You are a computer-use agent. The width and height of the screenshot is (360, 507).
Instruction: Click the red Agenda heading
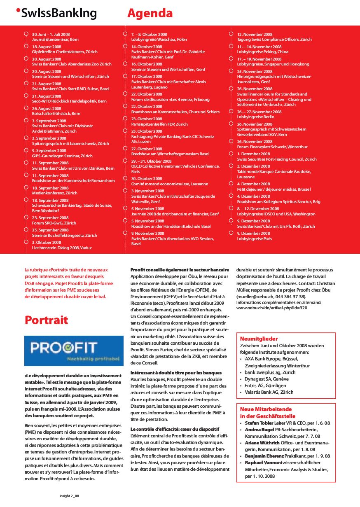tap(150, 13)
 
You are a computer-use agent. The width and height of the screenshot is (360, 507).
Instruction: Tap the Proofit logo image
tap(74, 351)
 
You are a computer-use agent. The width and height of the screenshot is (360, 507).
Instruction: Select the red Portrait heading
tap(47, 320)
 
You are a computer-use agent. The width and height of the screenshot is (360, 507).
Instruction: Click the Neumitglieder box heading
tap(259, 339)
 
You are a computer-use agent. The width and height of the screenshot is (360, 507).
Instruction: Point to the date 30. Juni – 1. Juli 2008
tap(51, 34)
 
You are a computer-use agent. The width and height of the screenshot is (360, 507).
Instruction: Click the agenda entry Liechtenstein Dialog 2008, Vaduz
tap(62, 248)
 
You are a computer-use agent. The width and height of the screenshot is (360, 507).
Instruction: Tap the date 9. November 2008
tap(147, 233)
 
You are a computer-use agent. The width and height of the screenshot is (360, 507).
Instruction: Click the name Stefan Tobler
tap(259, 423)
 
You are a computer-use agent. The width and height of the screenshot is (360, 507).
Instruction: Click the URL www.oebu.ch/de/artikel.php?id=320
tap(272, 307)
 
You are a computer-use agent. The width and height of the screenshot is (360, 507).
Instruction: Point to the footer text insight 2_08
tap(69, 496)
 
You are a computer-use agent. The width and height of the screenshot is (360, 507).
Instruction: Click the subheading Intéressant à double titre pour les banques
tap(176, 373)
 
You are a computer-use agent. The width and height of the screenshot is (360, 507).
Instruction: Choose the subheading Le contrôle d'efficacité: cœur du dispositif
tap(175, 429)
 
